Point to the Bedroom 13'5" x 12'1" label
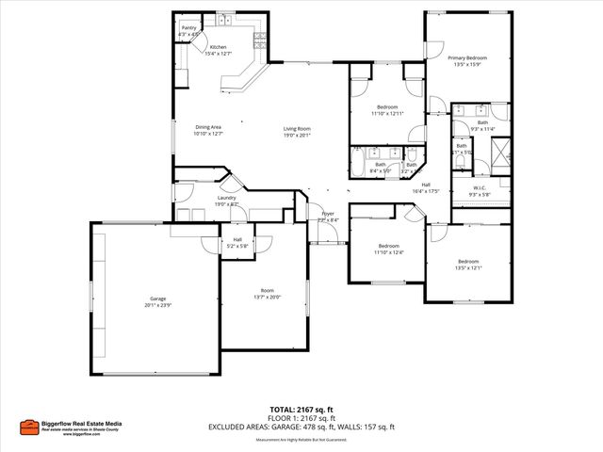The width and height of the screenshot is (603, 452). coord(469,264)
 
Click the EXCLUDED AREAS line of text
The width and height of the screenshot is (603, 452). coord(301,428)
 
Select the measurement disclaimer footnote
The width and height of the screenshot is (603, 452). coord(301,439)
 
